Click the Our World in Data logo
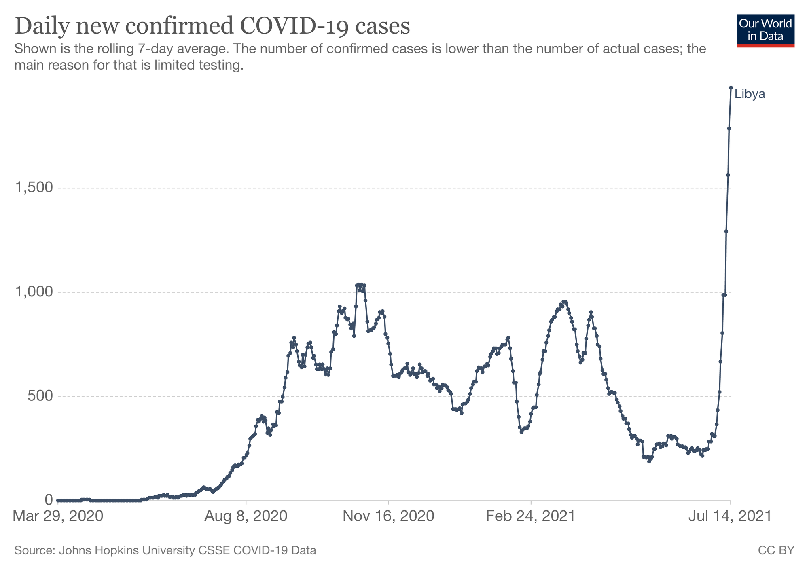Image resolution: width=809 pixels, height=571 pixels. [765, 31]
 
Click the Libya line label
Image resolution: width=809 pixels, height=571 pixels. [750, 95]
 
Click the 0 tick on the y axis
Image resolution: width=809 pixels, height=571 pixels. [49, 500]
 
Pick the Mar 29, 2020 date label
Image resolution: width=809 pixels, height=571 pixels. [58, 516]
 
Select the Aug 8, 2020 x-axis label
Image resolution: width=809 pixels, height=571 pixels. [246, 516]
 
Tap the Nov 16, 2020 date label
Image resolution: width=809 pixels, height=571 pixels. [388, 516]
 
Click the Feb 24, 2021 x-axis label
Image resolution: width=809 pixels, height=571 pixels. [531, 516]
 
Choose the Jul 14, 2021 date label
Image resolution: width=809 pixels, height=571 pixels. [731, 516]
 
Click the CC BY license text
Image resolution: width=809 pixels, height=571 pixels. [776, 550]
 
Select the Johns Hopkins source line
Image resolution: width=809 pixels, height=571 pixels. [165, 550]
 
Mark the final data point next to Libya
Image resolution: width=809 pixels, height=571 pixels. [731, 87]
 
